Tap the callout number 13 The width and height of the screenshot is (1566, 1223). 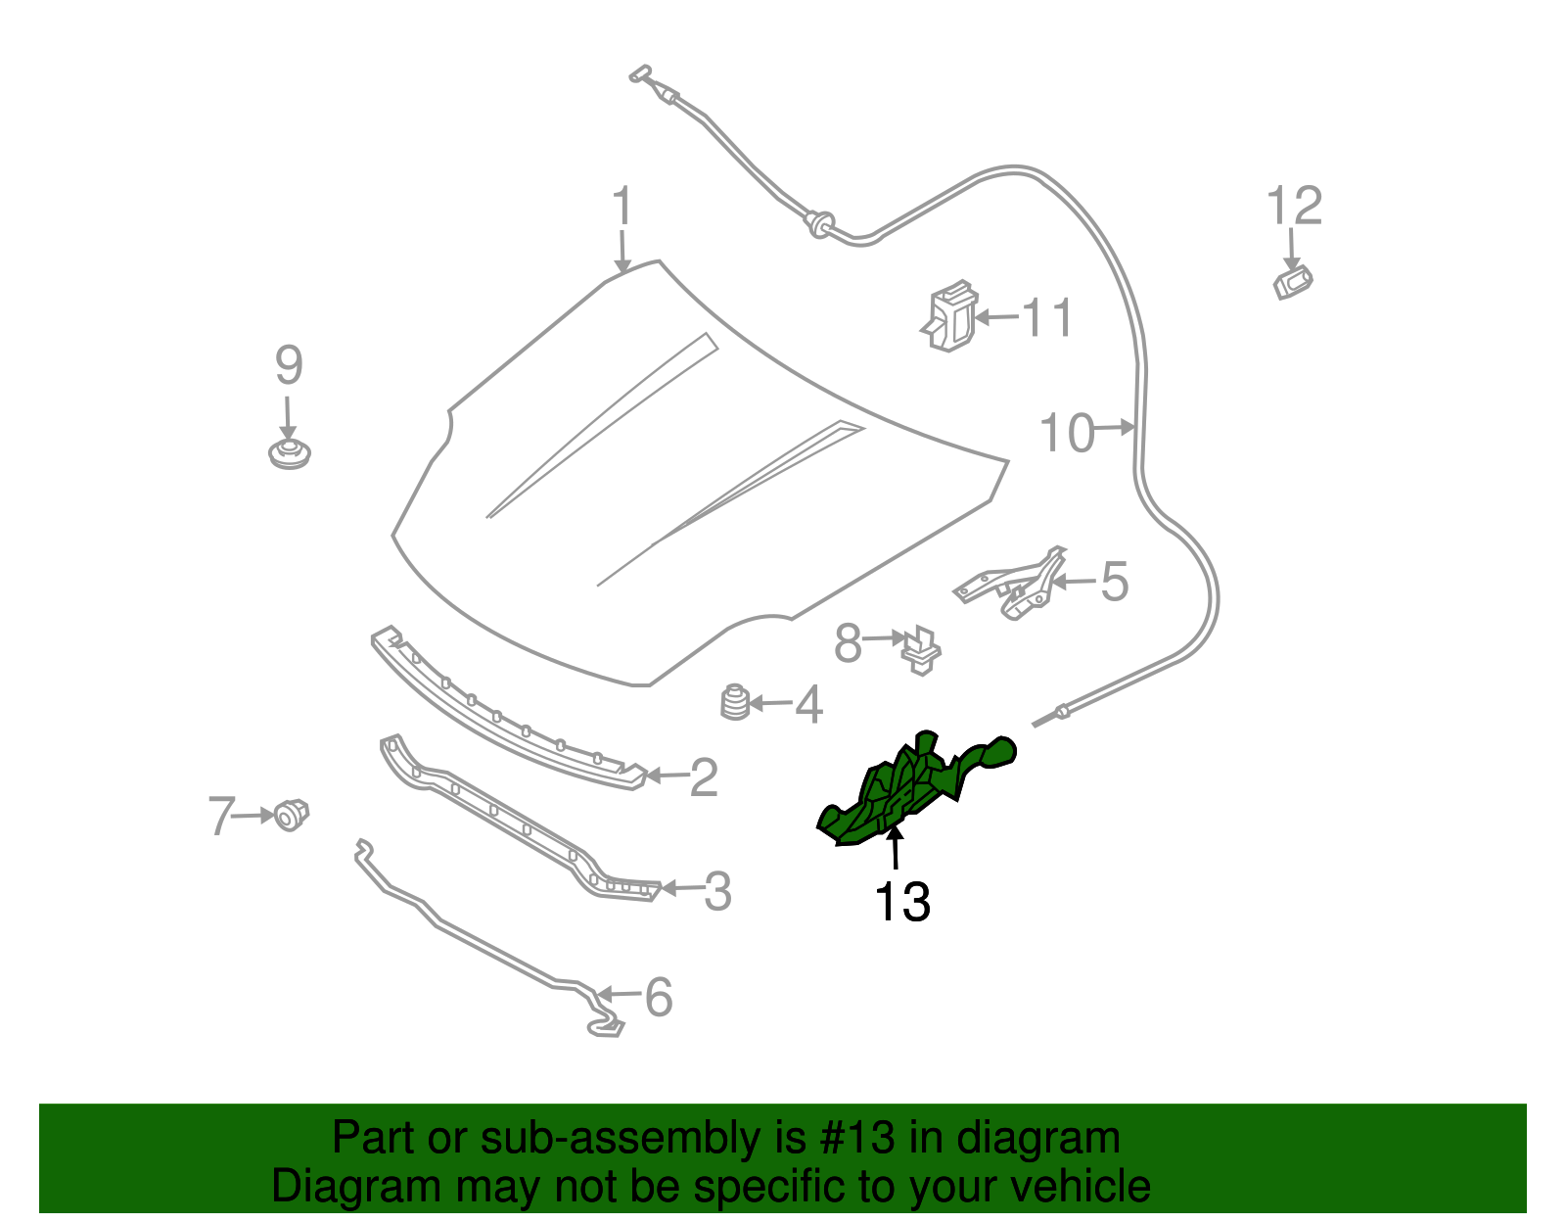[x=901, y=902]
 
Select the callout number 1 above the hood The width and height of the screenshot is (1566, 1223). [x=622, y=208]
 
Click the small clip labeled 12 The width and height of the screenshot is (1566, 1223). [x=1292, y=283]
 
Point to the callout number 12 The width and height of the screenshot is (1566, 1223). [x=1294, y=207]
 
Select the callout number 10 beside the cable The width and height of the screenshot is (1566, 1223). [x=1066, y=433]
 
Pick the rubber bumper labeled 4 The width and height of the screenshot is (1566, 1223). [x=735, y=702]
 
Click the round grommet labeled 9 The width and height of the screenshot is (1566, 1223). [x=289, y=454]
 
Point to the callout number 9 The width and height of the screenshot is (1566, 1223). [x=289, y=365]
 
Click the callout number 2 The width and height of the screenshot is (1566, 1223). [x=704, y=777]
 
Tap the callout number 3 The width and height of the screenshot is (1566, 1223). [x=717, y=892]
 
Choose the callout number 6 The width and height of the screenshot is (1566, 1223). [x=658, y=997]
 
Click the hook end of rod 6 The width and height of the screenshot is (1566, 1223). [x=605, y=1026]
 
